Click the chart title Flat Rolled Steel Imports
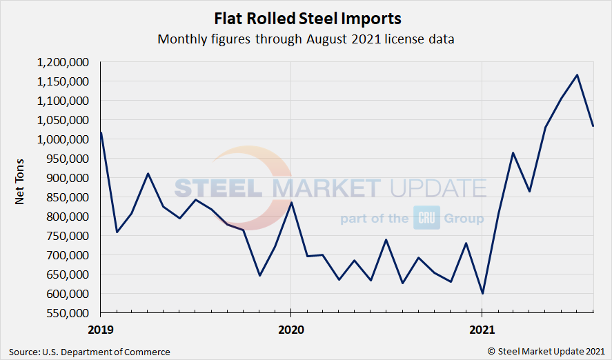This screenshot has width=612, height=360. [306, 18]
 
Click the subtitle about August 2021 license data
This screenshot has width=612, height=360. [306, 39]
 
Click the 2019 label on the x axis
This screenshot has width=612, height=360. [100, 329]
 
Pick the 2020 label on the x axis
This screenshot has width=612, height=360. [290, 329]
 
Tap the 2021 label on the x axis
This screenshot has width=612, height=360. [482, 329]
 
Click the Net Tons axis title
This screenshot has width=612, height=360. [21, 187]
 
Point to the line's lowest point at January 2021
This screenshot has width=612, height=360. [482, 293]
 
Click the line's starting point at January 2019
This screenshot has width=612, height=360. [101, 132]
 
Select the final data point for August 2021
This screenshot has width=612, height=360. [593, 126]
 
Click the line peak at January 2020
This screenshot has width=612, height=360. [290, 202]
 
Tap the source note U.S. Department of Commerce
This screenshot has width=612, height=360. [90, 352]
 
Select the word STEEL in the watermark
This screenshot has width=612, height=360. [221, 188]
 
